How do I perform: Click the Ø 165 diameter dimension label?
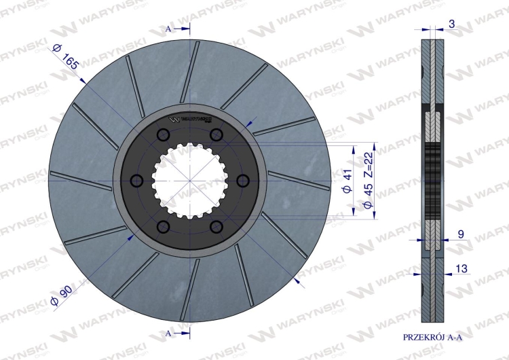pyautogui.click(x=65, y=57)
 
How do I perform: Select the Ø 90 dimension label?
pyautogui.click(x=62, y=296)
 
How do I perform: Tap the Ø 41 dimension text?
pyautogui.click(x=347, y=181)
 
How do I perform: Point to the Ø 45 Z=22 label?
pyautogui.click(x=368, y=180)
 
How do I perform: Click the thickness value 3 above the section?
pyautogui.click(x=451, y=24)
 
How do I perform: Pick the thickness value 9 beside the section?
pyautogui.click(x=461, y=234)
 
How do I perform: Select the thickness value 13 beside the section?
pyautogui.click(x=461, y=268)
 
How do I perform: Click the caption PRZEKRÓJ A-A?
pyautogui.click(x=432, y=338)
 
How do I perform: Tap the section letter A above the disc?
pyautogui.click(x=168, y=29)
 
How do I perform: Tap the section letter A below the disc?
pyautogui.click(x=168, y=334)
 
